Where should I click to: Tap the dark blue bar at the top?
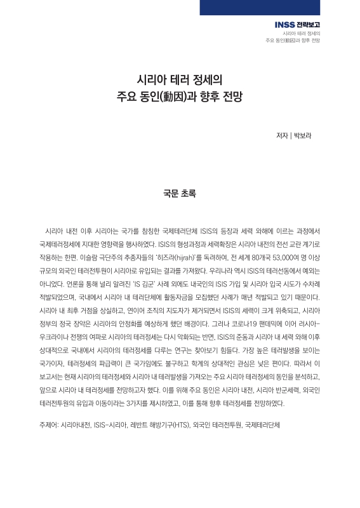pyautogui.click(x=279, y=7)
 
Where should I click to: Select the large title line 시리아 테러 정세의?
pyautogui.click(x=180, y=81)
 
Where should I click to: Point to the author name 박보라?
pyautogui.click(x=302, y=135)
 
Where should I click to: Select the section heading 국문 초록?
pyautogui.click(x=180, y=192)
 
